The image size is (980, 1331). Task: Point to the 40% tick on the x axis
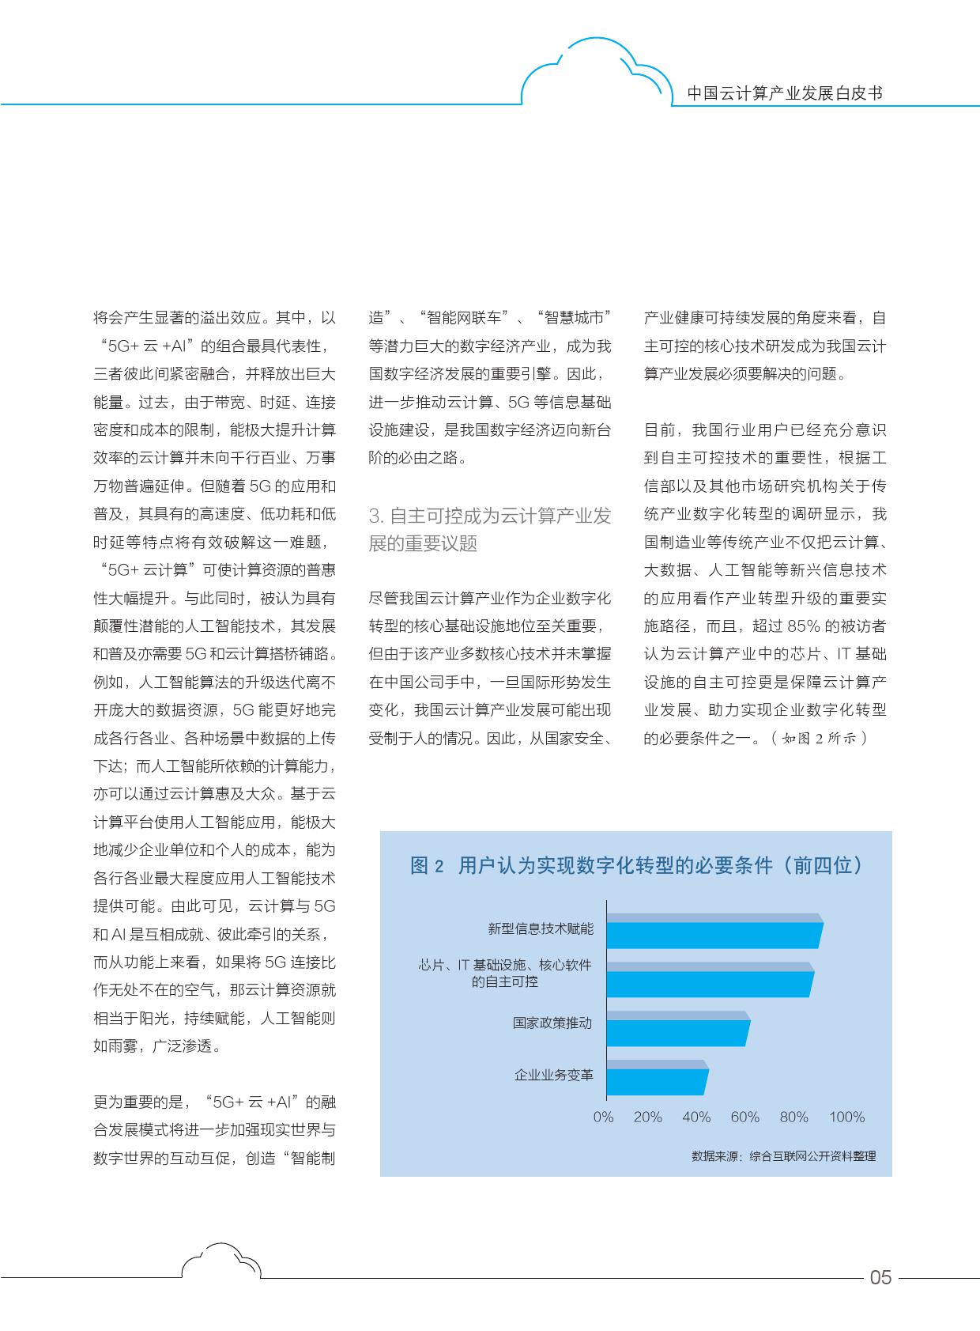point(695,1117)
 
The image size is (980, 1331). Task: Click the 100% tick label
point(846,1117)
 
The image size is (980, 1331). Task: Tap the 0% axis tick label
point(603,1117)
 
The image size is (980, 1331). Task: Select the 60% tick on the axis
point(744,1117)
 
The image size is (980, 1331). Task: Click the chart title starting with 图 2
point(635,865)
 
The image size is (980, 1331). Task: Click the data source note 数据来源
point(783,1155)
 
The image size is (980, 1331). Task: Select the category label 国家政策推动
point(552,1023)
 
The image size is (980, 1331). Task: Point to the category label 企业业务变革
point(553,1075)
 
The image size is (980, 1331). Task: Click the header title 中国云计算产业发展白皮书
point(784,93)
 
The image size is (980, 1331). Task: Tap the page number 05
point(880,1277)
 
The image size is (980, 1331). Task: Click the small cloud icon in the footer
point(220,1261)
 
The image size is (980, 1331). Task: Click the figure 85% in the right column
point(803,626)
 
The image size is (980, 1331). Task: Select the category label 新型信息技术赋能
point(540,928)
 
